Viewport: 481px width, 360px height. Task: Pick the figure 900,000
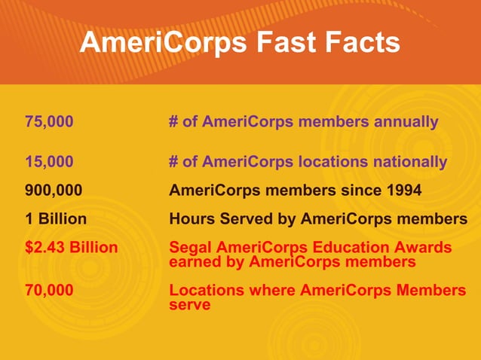click(x=54, y=191)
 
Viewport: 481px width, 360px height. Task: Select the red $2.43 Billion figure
click(x=71, y=248)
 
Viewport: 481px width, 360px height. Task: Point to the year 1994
click(x=404, y=191)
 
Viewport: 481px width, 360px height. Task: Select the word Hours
click(x=192, y=220)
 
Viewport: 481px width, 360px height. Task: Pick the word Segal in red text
click(x=191, y=248)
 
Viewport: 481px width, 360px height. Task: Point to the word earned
click(x=195, y=262)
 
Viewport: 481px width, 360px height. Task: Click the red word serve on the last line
click(x=189, y=305)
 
